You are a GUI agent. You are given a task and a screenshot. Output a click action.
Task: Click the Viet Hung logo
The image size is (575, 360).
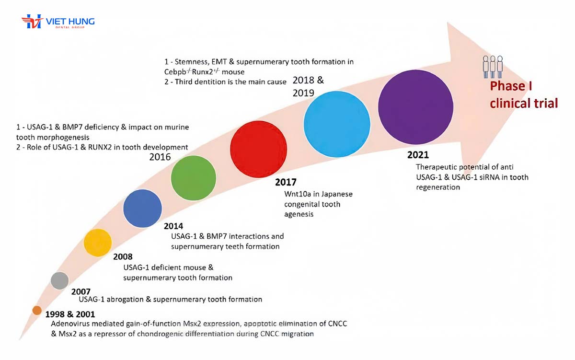click(x=58, y=23)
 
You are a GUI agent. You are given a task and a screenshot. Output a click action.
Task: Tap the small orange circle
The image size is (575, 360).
click(x=37, y=310)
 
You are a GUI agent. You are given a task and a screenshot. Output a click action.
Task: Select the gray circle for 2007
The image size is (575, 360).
click(x=60, y=280)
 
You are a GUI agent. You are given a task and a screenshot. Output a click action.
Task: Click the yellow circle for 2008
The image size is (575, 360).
click(x=98, y=243)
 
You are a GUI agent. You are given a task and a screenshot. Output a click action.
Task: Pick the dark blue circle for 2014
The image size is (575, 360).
click(x=142, y=208)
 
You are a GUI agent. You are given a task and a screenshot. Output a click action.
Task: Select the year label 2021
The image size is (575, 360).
click(x=418, y=155)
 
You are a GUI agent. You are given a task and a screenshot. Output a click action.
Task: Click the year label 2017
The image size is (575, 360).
click(x=286, y=183)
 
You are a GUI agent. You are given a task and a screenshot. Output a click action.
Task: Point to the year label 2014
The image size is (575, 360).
click(x=173, y=226)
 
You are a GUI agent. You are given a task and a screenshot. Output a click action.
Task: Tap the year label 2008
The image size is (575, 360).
click(x=123, y=256)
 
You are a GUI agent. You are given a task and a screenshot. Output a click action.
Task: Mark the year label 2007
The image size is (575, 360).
click(x=81, y=291)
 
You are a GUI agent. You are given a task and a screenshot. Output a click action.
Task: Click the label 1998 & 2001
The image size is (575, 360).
click(x=70, y=314)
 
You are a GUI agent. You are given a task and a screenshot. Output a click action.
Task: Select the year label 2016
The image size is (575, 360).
click(x=160, y=157)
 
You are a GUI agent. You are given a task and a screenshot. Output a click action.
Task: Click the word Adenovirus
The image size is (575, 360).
click(x=70, y=324)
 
